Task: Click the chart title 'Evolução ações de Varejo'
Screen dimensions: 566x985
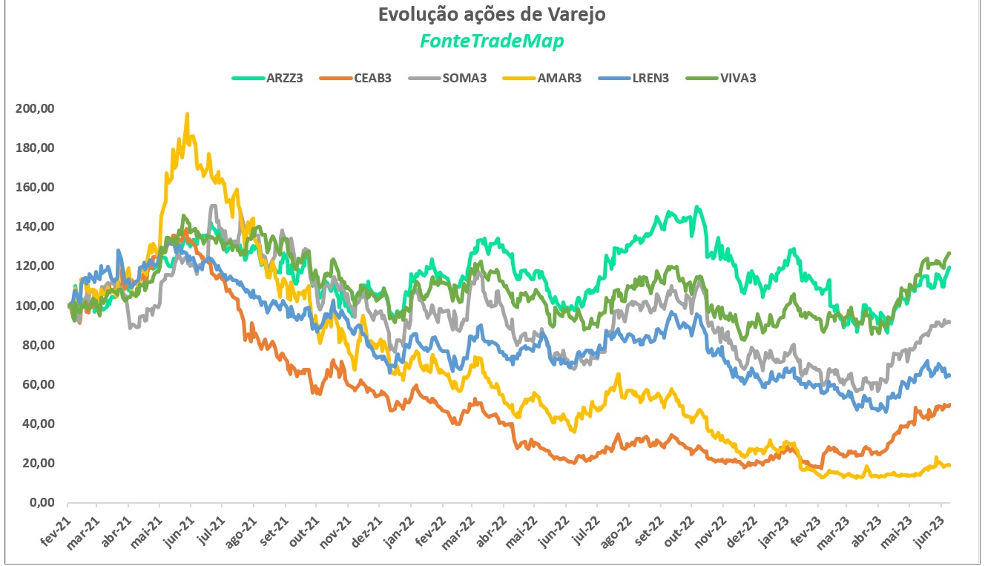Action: pos(492,15)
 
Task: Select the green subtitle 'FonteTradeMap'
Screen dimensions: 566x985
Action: pos(492,42)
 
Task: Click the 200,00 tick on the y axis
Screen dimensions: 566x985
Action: pos(35,108)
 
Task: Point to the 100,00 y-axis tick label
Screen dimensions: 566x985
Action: pos(35,306)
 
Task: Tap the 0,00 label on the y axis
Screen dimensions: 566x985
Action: pos(40,503)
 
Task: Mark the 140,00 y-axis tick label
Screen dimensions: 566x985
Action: pos(35,227)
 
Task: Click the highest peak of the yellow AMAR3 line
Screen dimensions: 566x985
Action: pos(187,114)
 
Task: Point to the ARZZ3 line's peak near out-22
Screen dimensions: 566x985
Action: pos(696,207)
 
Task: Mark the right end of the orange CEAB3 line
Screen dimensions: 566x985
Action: pos(949,404)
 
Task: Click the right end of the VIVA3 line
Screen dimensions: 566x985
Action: pos(949,253)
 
